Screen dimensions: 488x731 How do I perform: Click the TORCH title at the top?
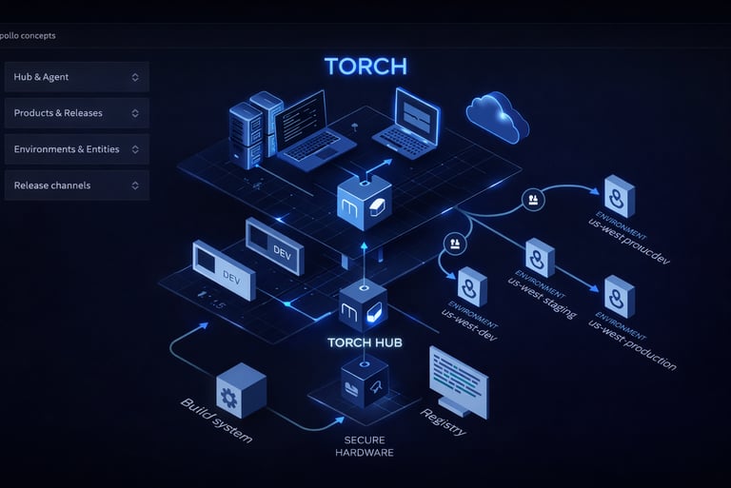365,67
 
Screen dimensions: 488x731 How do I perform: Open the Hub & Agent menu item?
76,77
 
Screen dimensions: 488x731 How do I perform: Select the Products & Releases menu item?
76,113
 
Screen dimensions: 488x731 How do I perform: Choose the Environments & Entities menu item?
76,149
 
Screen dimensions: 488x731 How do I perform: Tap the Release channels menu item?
76,185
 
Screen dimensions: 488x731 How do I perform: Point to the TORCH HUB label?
363,342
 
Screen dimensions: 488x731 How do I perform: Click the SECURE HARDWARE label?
364,446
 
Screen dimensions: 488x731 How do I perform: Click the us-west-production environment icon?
619,296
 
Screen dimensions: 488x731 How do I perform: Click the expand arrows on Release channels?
135,185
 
